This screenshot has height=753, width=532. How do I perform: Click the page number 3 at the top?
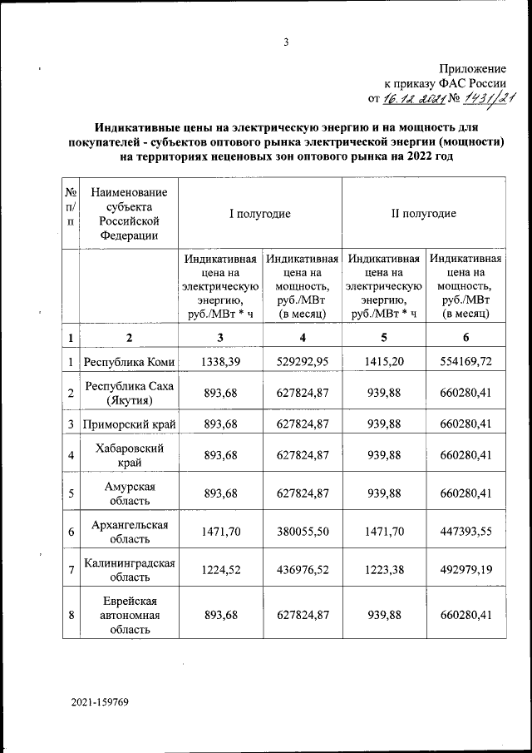point(285,43)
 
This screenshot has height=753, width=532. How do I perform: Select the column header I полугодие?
point(260,213)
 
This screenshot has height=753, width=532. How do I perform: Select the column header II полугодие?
point(423,213)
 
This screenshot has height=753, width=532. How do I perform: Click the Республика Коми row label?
point(128,362)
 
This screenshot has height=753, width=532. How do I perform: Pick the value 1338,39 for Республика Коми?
point(220,362)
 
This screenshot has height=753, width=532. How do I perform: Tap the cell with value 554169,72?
point(465,362)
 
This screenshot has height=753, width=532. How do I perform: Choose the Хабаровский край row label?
point(128,455)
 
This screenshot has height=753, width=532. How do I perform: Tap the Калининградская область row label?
point(128,569)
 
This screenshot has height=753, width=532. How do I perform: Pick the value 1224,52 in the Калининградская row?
point(220,569)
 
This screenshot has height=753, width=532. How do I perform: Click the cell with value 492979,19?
point(465,569)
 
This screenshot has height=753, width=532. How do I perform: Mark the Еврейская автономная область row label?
point(128,616)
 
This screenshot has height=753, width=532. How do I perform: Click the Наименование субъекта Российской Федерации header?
point(128,213)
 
